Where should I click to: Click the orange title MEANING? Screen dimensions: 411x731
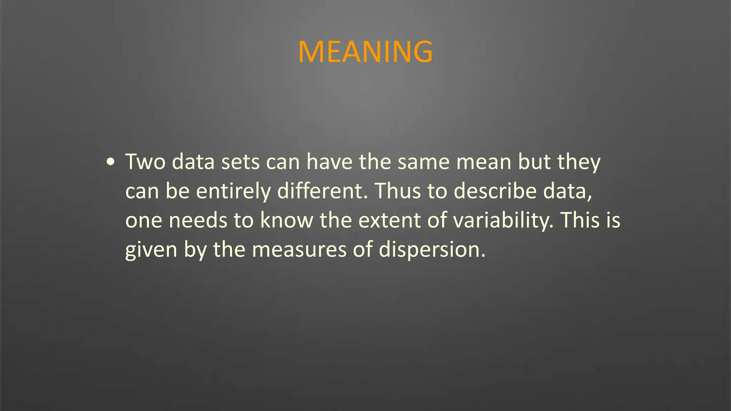tap(365, 52)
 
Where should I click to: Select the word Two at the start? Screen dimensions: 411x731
tap(145, 162)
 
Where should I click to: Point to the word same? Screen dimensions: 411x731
tap(424, 162)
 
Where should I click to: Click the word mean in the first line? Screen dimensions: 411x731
tap(484, 162)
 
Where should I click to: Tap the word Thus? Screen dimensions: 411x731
tap(397, 191)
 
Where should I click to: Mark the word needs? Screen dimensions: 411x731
tap(198, 220)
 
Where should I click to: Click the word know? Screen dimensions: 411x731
tap(286, 220)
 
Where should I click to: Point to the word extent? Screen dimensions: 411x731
tap(389, 220)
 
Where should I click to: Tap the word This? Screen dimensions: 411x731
tap(578, 220)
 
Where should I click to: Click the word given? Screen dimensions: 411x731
tap(151, 250)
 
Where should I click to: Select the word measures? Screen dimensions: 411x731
tap(299, 249)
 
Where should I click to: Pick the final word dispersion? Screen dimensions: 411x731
tap(432, 249)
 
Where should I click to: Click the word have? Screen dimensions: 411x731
tap(329, 162)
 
